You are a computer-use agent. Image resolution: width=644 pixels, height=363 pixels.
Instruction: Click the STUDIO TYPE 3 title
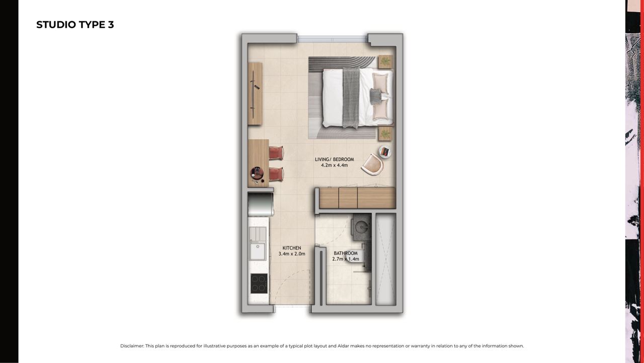(x=75, y=25)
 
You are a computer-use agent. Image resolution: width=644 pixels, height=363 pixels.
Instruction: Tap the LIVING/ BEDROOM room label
(x=335, y=159)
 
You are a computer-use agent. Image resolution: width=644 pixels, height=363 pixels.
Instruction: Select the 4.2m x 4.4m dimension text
(x=335, y=165)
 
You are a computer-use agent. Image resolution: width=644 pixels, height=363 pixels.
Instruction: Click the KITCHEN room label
(x=292, y=248)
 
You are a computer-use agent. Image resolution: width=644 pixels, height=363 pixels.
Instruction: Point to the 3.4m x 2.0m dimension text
(x=292, y=254)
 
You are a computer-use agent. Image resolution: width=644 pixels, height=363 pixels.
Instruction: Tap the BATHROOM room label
(x=346, y=253)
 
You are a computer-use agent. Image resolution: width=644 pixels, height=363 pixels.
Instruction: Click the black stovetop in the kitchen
(x=259, y=283)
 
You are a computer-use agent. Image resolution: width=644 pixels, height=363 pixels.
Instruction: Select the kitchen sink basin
(x=257, y=252)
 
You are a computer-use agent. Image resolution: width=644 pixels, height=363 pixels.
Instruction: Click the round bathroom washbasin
(x=361, y=227)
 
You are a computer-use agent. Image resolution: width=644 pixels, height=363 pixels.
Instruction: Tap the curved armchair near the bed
(x=373, y=164)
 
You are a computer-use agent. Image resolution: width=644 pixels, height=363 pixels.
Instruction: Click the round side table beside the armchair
(x=385, y=152)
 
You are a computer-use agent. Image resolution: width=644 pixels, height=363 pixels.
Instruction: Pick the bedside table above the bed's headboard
(x=385, y=62)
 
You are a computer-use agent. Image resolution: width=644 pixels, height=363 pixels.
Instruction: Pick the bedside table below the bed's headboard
(x=385, y=134)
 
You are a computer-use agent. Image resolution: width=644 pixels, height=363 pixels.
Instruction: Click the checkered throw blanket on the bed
(x=351, y=98)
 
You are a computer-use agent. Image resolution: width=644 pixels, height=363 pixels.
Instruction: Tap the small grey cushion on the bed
(x=375, y=96)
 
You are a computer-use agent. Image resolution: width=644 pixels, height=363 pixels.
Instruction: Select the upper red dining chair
(x=276, y=153)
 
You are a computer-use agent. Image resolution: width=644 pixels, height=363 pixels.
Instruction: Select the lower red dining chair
(x=276, y=174)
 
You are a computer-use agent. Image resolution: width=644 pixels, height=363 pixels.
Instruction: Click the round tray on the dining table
(x=257, y=172)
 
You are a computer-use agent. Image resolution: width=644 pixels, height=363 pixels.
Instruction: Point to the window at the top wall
(x=333, y=39)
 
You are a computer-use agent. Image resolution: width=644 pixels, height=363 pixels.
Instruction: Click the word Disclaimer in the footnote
(x=132, y=346)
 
